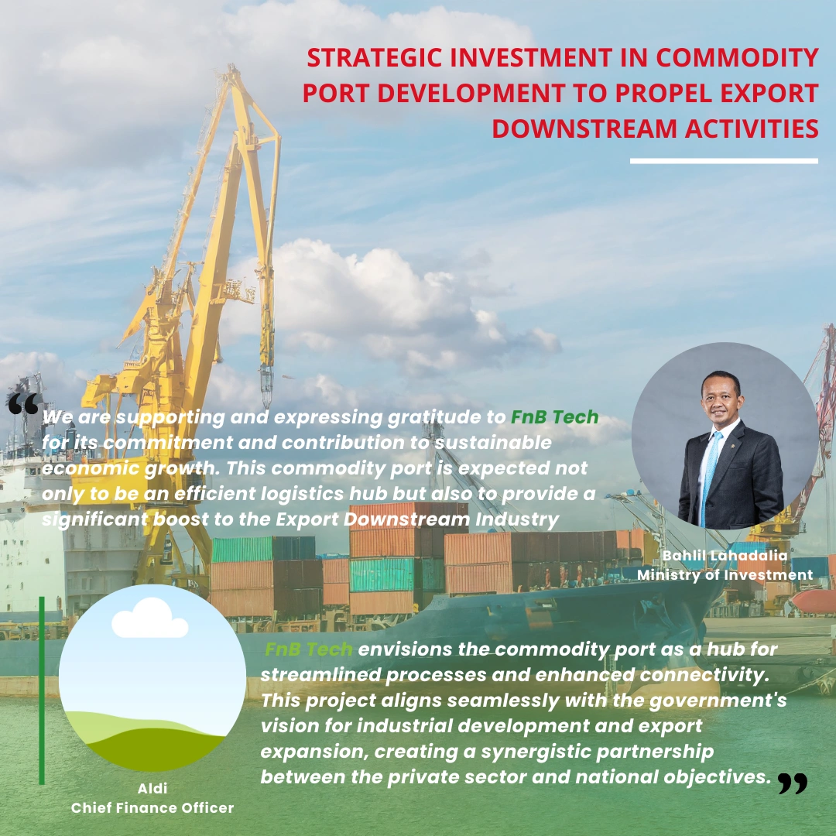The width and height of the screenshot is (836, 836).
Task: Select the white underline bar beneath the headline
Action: (724, 160)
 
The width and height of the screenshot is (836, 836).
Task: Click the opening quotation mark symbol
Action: (23, 403)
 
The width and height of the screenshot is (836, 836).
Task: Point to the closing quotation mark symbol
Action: (793, 783)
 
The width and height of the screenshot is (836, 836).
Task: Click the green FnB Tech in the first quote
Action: (554, 417)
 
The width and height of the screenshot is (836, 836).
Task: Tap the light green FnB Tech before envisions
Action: (309, 649)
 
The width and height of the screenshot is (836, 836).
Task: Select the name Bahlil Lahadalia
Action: (725, 555)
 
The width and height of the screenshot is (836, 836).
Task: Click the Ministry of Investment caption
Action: (725, 574)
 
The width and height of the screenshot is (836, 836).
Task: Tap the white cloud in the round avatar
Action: (150, 618)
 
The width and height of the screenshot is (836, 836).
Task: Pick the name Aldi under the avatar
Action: (152, 788)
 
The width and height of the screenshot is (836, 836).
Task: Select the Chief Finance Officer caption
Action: (152, 807)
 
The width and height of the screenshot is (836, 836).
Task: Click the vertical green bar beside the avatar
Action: (42, 690)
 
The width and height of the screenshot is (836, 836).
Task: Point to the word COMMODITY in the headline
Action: (738, 57)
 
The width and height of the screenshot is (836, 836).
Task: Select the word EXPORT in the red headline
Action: (769, 93)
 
